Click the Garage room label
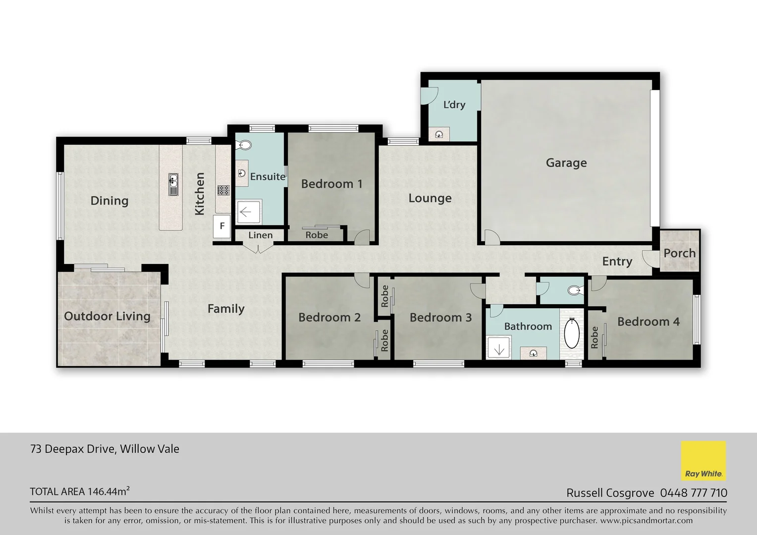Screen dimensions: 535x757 tap(566, 163)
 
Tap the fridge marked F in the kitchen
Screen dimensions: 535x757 tap(222, 226)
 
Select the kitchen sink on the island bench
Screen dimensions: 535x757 tap(173, 184)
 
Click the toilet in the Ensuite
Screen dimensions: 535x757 tap(245, 145)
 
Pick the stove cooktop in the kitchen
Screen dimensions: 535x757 tap(223, 190)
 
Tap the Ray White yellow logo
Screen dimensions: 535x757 tap(703, 461)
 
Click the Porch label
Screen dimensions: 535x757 tap(679, 253)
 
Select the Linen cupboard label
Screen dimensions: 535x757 tap(260, 235)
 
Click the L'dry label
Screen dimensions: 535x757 tap(454, 105)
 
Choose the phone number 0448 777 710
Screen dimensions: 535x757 tap(694, 493)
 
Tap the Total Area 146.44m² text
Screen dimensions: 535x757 tap(80, 491)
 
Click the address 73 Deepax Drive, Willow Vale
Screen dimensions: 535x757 tap(105, 449)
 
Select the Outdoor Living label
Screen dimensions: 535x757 tap(107, 317)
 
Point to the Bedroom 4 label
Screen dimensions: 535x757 tap(648, 322)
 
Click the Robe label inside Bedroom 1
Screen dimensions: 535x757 tap(316, 235)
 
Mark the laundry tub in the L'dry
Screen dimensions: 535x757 tap(439, 134)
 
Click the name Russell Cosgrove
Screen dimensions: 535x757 tap(610, 493)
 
